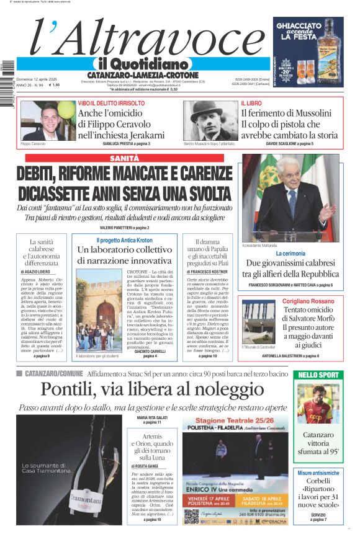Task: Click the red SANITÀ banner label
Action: click(x=124, y=159)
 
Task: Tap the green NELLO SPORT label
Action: click(x=318, y=375)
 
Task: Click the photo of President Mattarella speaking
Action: click(x=289, y=197)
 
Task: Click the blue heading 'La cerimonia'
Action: click(x=290, y=254)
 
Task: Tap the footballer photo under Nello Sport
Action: click(x=318, y=404)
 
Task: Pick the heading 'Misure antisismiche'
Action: click(x=318, y=473)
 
